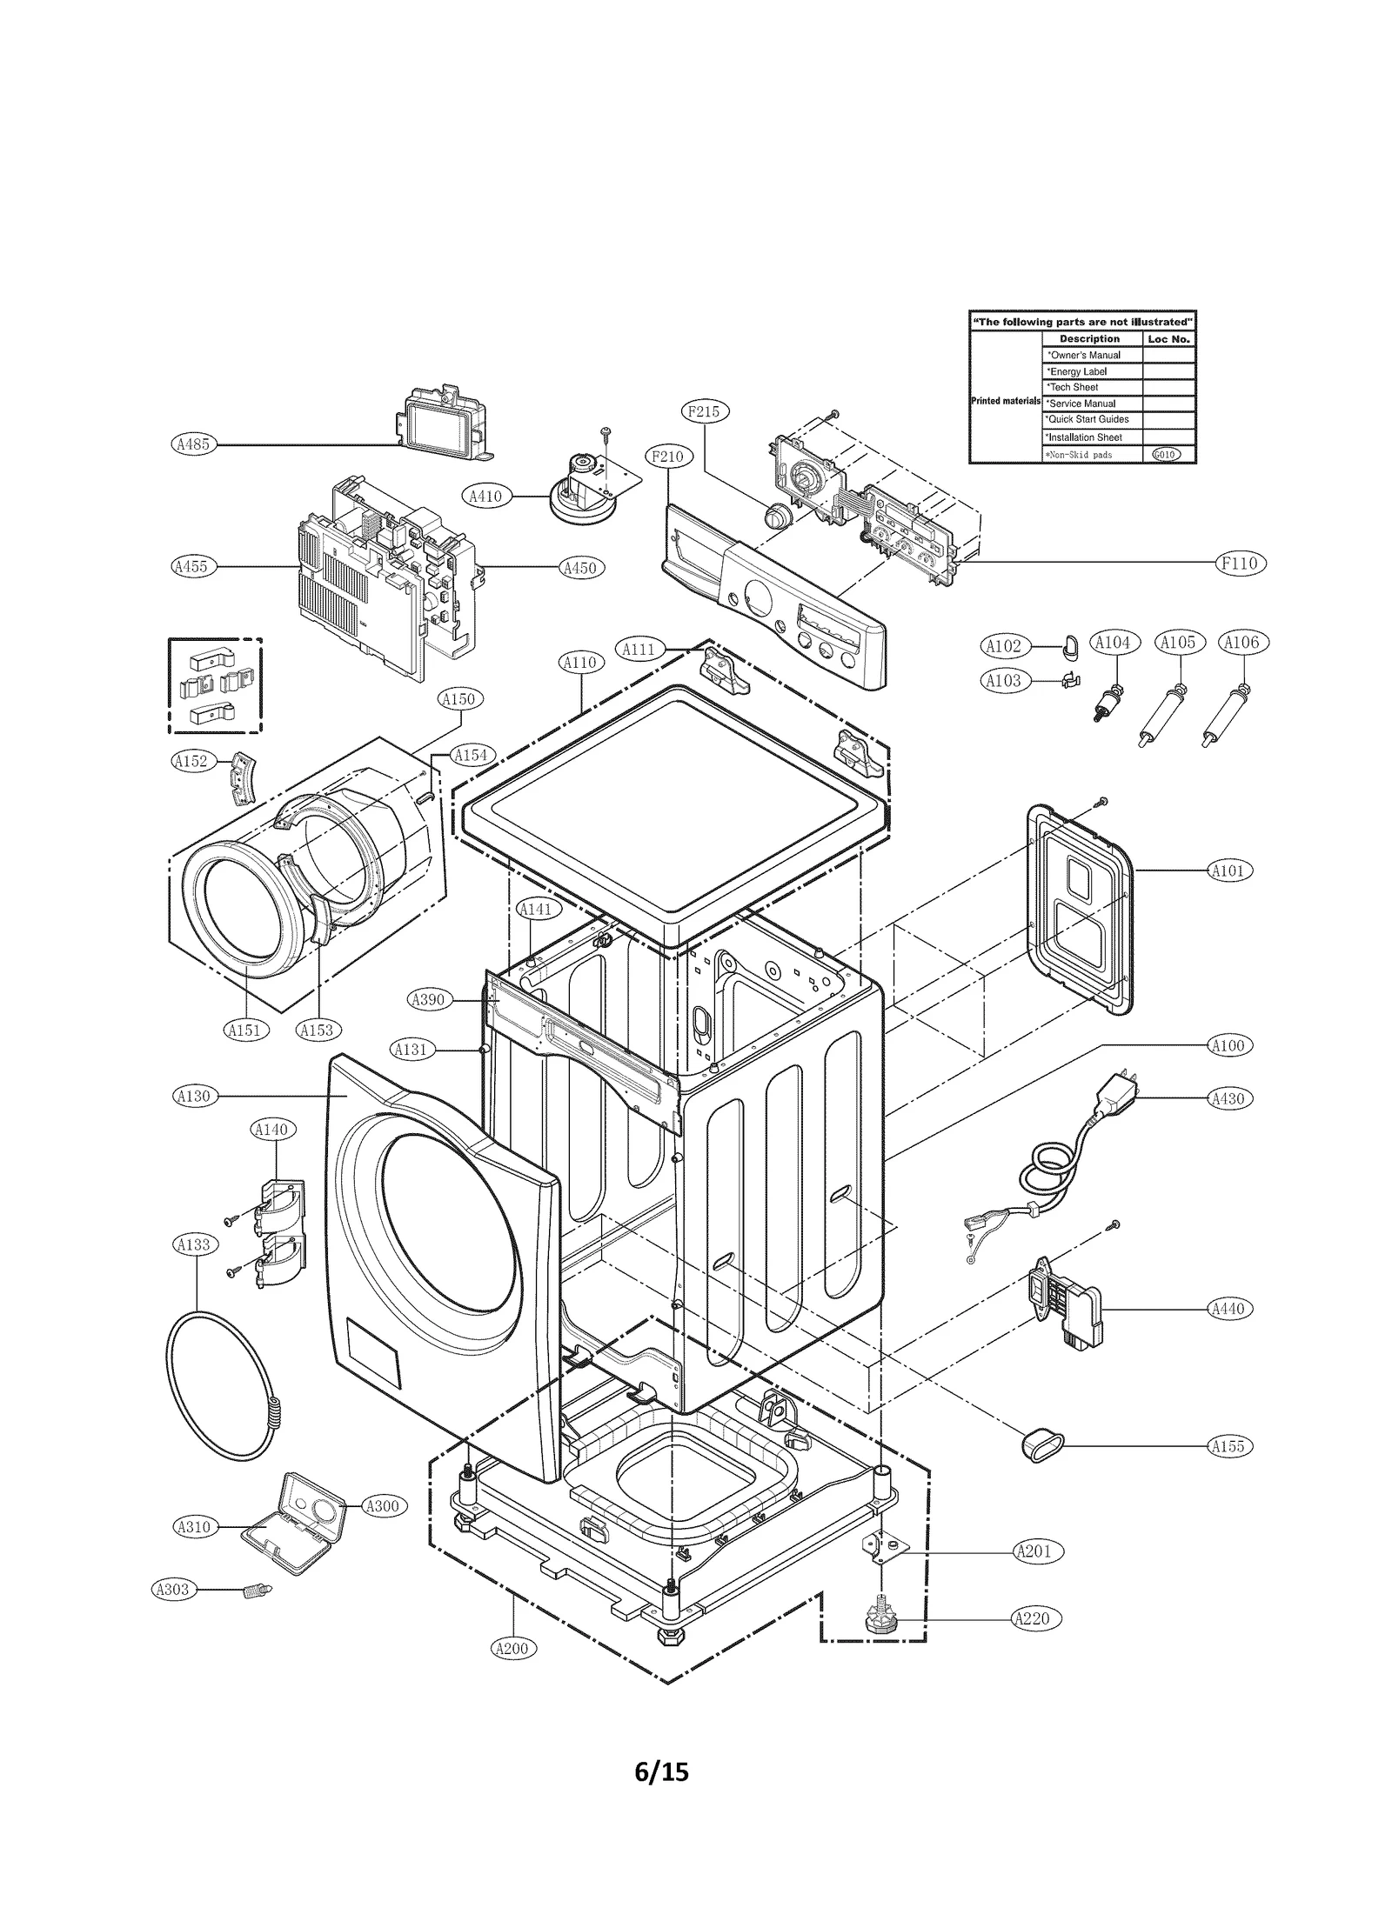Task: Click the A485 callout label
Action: tap(192, 444)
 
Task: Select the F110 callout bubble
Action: tap(1240, 563)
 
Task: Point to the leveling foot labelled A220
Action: tap(880, 1620)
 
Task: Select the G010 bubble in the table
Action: tap(1166, 455)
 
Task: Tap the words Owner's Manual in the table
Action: tap(1085, 355)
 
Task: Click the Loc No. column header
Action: tap(1168, 338)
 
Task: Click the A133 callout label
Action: tap(193, 1244)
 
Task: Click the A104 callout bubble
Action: tap(1113, 643)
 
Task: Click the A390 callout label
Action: tap(427, 999)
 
